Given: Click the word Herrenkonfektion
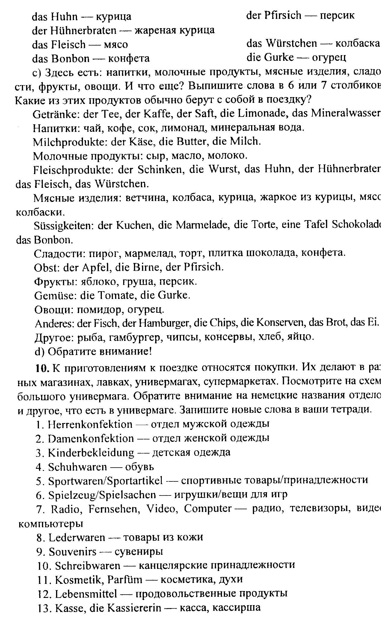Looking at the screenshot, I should pos(90,424).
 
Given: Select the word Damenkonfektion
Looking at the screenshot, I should pos(90,439).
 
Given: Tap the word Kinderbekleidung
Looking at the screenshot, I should pos(91,453).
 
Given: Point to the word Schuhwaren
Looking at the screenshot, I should pos(77,467).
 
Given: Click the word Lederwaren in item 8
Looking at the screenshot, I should pos(77,537).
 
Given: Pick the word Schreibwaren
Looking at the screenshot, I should pos(87,566).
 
